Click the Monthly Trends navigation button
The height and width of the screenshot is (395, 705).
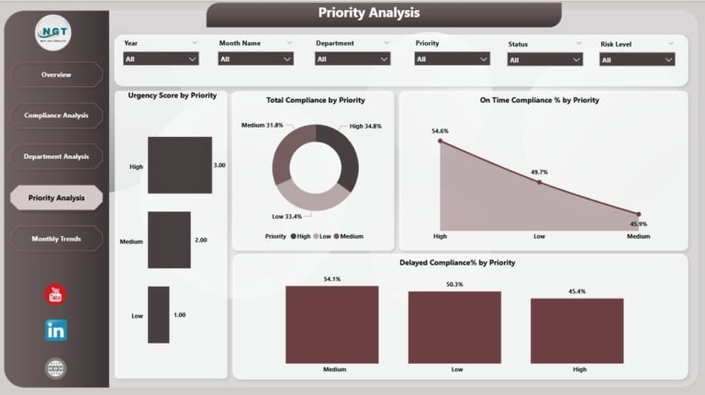coord(56,239)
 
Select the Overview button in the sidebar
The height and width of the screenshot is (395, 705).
coord(56,74)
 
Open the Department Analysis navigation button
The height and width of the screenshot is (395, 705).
coord(56,156)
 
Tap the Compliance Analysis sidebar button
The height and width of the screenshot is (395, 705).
coord(56,116)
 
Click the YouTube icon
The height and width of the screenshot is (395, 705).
coord(56,295)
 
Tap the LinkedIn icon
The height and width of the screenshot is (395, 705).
coord(56,331)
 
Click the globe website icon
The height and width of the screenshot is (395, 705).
coord(56,368)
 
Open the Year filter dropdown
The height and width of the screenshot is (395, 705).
coord(161,59)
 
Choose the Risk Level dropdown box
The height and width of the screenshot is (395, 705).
coord(637,59)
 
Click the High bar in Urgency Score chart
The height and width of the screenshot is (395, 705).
coord(179,165)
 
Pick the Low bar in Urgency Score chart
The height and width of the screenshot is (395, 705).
coord(159,315)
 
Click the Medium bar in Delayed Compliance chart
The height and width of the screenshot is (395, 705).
coord(331,324)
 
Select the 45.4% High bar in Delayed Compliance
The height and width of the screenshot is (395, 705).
coord(576,331)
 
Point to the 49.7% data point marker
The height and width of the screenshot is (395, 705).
coord(539,182)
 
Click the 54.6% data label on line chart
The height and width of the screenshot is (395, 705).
coord(441,131)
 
